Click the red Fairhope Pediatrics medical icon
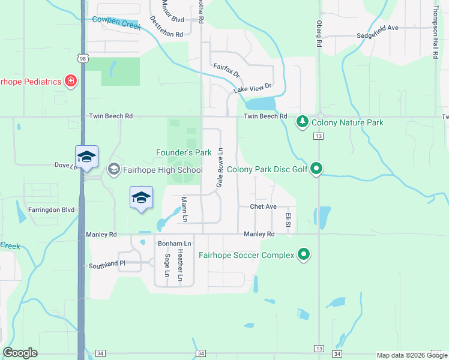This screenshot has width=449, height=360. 71,81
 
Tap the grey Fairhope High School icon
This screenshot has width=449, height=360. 113,170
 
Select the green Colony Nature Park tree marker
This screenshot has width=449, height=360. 303,122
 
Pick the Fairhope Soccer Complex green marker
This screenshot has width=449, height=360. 304,255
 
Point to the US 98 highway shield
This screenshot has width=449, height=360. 82,58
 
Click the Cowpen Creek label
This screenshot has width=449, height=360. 116,23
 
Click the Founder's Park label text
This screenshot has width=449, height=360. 184,153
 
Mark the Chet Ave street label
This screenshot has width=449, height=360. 263,206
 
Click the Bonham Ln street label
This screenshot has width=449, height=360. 174,244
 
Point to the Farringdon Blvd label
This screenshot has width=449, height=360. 51,211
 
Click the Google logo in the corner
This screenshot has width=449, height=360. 21,353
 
